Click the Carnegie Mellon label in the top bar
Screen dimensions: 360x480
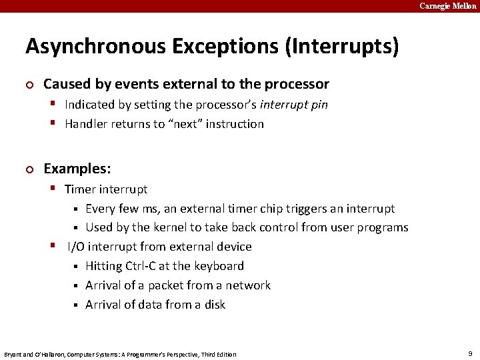pyautogui.click(x=448, y=6)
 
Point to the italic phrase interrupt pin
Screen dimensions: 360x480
pyautogui.click(x=294, y=105)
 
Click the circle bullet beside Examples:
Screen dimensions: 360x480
pyautogui.click(x=29, y=169)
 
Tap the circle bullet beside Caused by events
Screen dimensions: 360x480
pyautogui.click(x=29, y=85)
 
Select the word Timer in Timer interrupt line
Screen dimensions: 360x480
pyautogui.click(x=80, y=189)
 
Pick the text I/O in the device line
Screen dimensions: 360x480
pyautogui.click(x=76, y=247)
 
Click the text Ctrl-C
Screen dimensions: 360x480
pyautogui.click(x=137, y=266)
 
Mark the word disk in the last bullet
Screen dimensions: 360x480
pyautogui.click(x=214, y=305)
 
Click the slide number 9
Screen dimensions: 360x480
pyautogui.click(x=469, y=353)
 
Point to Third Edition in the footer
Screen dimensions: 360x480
pyautogui.click(x=215, y=354)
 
